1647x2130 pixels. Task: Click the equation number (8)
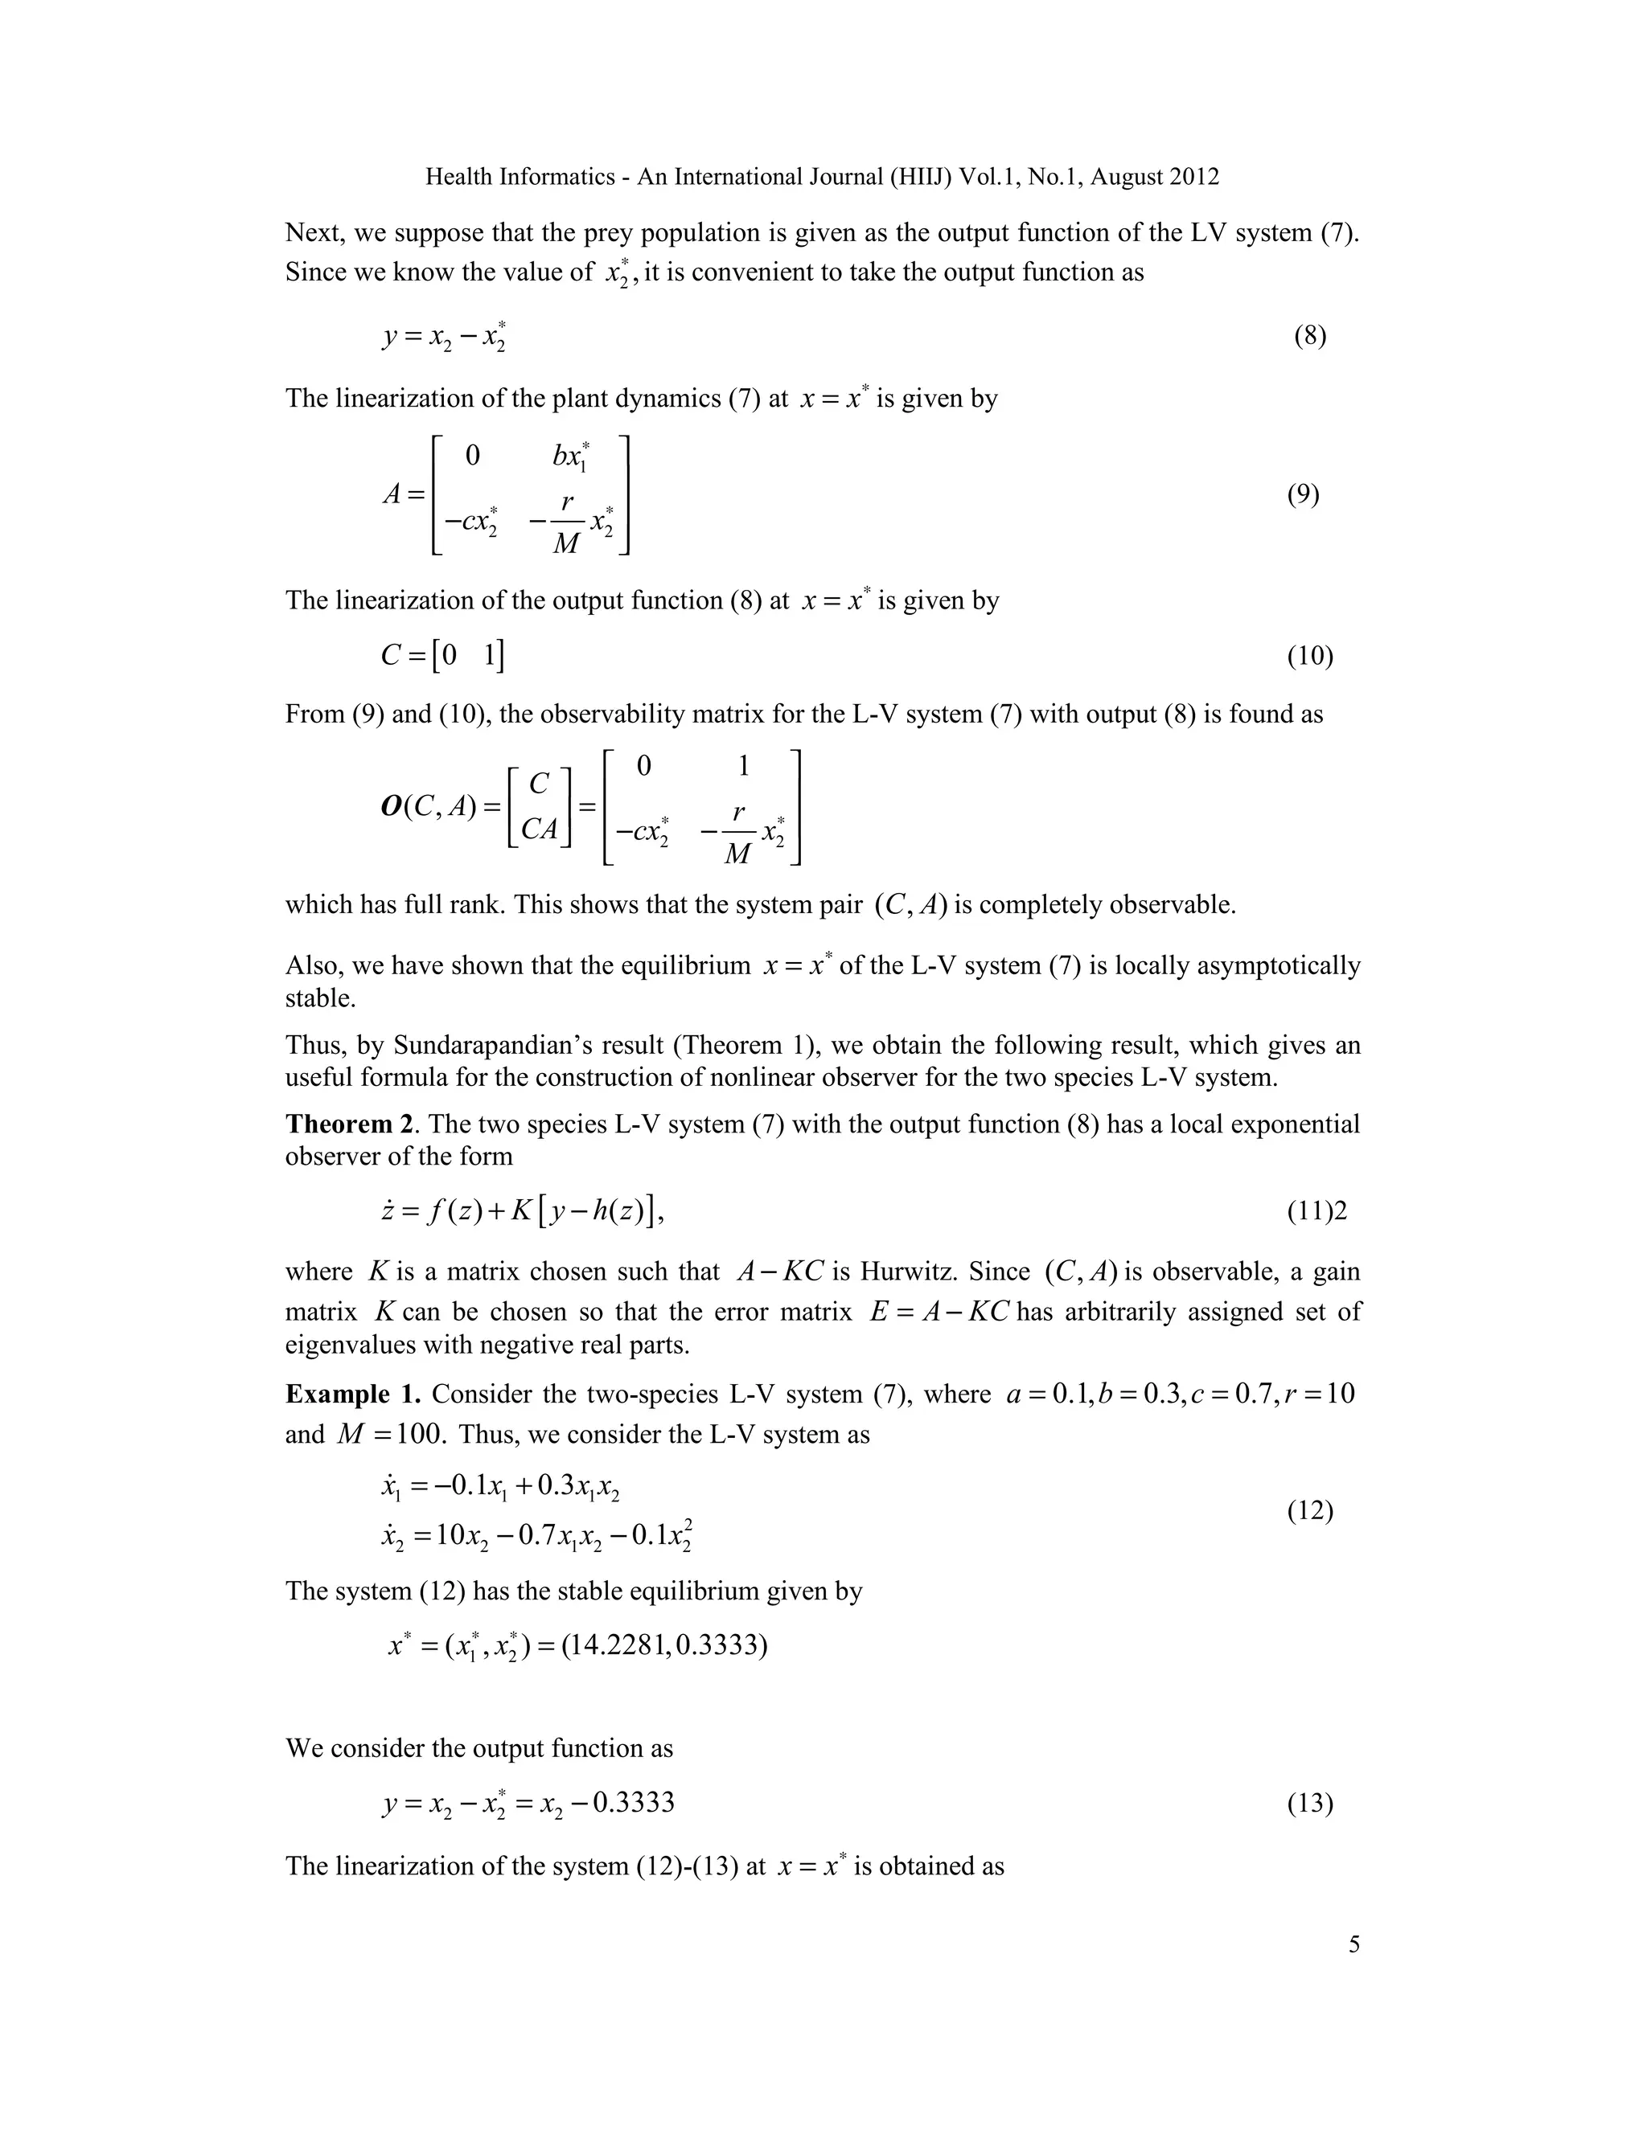pyautogui.click(x=1309, y=337)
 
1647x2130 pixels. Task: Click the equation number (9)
pyautogui.click(x=1303, y=494)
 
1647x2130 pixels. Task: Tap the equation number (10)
pyautogui.click(x=1309, y=657)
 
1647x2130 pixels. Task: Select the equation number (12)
pyautogui.click(x=1309, y=1511)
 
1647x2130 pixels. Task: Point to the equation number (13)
pyautogui.click(x=1309, y=1804)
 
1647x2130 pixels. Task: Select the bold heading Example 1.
pyautogui.click(x=353, y=1394)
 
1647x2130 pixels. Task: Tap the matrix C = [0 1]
pyautogui.click(x=443, y=657)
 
